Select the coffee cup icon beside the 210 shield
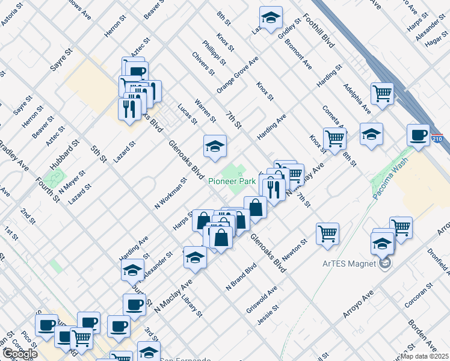click(x=418, y=134)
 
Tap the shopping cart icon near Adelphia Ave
click(x=382, y=93)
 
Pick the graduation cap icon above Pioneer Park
click(x=215, y=146)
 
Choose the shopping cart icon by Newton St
click(x=327, y=233)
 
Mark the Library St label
click(x=192, y=305)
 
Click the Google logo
click(x=19, y=354)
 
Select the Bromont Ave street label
click(x=298, y=54)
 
